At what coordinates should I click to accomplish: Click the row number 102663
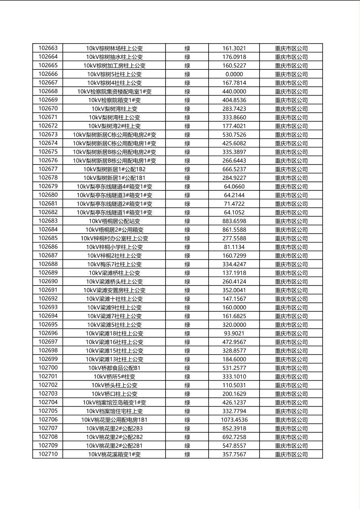[x=48, y=48]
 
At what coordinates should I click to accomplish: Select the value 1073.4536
[x=234, y=419]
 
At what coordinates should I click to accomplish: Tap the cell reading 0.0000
[x=234, y=74]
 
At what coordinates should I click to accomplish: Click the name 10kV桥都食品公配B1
[x=114, y=368]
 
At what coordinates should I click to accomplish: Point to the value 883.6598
[x=234, y=221]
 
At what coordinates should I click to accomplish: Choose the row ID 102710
[x=48, y=454]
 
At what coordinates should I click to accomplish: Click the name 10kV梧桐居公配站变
[x=114, y=221]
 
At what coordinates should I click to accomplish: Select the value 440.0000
[x=234, y=92]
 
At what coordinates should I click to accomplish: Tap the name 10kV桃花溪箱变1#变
[x=114, y=454]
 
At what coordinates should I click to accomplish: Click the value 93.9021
[x=234, y=333]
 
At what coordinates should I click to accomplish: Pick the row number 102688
[x=48, y=264]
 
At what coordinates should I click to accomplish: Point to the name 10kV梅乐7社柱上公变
[x=114, y=264]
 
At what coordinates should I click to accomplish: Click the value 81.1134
[x=234, y=247]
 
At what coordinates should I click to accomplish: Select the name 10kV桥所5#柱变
[x=114, y=377]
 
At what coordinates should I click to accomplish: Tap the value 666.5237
[x=234, y=169]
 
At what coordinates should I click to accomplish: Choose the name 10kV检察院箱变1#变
[x=114, y=100]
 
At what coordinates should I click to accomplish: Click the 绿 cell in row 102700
[x=187, y=368]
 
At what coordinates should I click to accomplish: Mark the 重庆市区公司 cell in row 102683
[x=291, y=221]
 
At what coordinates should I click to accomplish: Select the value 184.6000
[x=234, y=359]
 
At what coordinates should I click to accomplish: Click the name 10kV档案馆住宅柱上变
[x=114, y=411]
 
